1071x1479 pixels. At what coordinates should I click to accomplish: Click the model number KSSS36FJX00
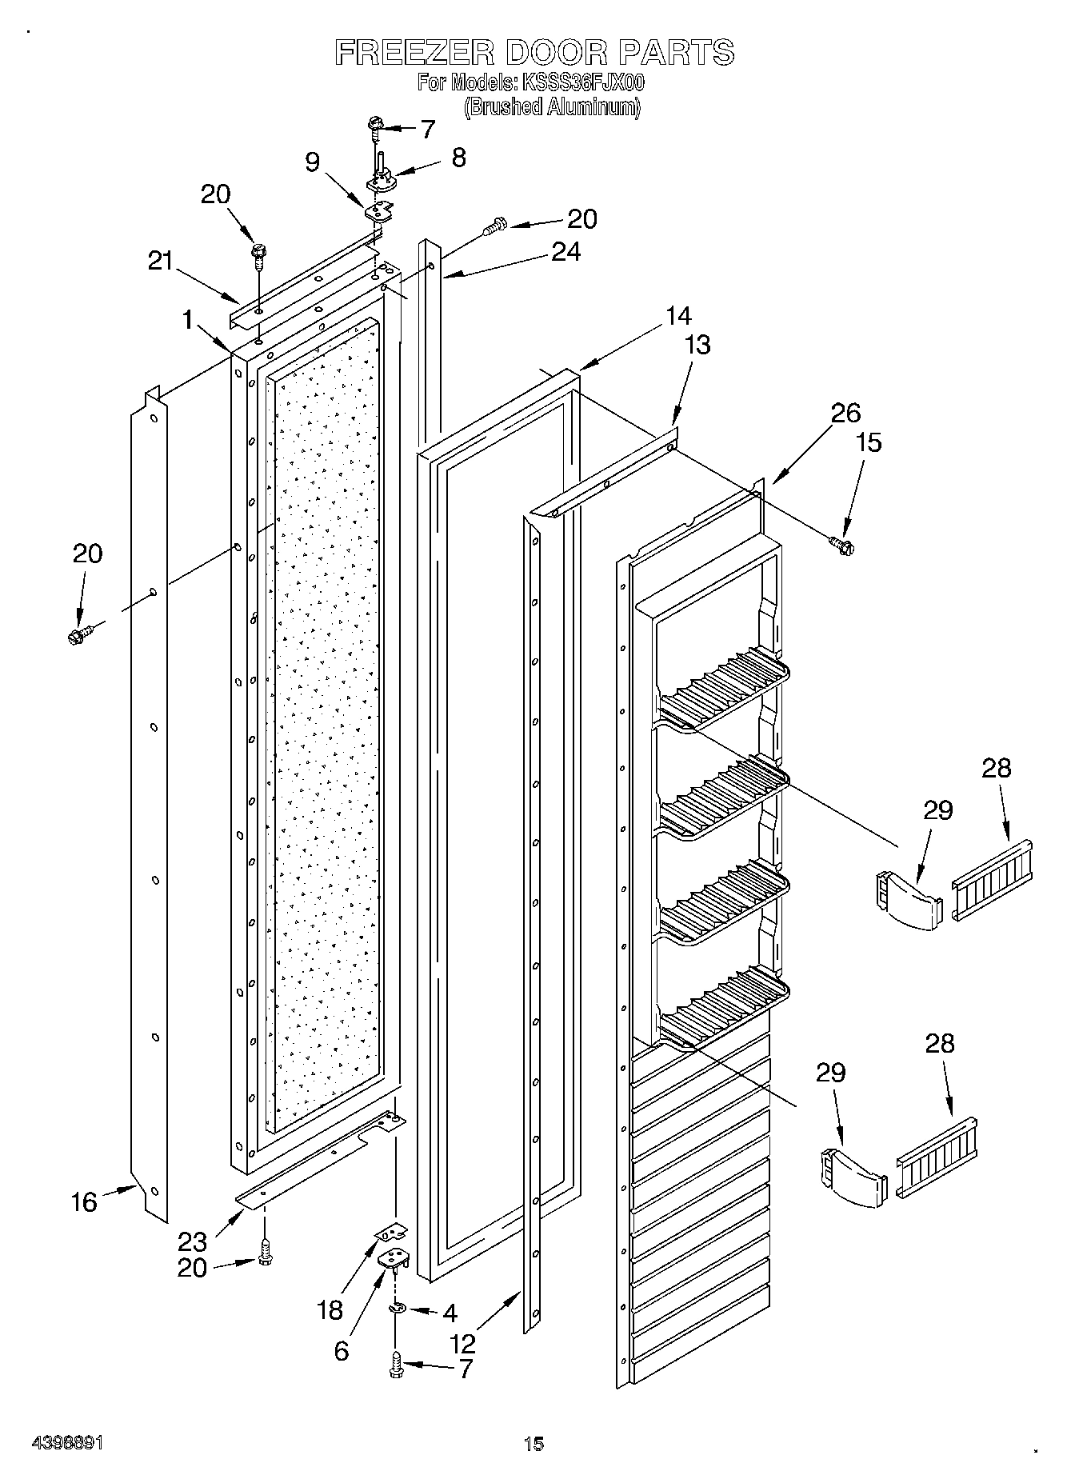[582, 82]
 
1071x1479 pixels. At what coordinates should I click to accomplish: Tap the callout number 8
[458, 157]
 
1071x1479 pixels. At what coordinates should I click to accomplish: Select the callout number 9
[313, 162]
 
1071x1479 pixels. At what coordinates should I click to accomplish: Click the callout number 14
[678, 316]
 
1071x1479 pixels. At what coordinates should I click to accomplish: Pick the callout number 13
[697, 345]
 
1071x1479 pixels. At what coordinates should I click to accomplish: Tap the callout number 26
[845, 413]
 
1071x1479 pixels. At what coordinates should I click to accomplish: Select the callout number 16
[84, 1202]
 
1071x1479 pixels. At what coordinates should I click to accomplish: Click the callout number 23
[193, 1242]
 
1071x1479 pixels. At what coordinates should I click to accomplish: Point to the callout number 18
[330, 1310]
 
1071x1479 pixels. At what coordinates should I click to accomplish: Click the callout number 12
[463, 1343]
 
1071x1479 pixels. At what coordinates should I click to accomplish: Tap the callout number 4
[450, 1313]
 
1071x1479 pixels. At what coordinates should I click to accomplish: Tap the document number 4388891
[67, 1443]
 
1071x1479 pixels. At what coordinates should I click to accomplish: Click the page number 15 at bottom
[534, 1444]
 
